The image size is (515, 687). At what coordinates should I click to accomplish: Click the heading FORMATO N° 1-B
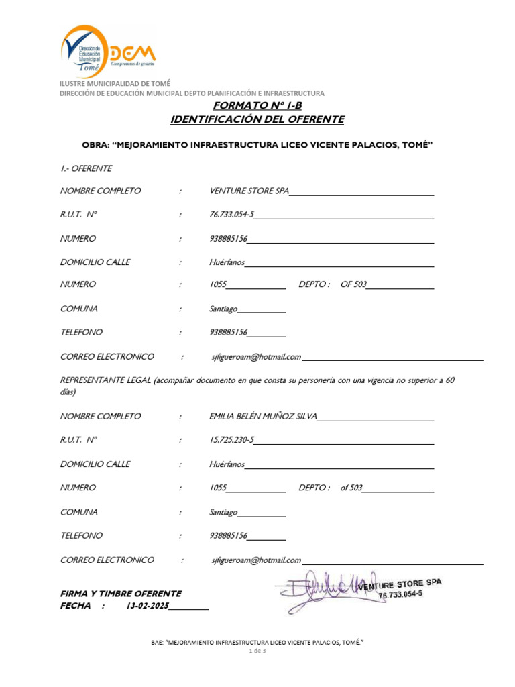pos(257,106)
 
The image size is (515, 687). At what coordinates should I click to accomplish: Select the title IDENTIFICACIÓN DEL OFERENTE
pos(257,119)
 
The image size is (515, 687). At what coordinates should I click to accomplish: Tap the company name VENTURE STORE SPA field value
pos(249,191)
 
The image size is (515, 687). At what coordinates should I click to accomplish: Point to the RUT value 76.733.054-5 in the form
pos(232,215)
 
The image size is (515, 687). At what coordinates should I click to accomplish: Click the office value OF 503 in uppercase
pos(353,284)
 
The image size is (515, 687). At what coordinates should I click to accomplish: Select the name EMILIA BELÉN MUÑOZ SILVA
pos(263,416)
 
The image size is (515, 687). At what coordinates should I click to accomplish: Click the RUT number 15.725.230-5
pos(232,440)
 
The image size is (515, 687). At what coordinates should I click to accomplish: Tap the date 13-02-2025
pos(148,606)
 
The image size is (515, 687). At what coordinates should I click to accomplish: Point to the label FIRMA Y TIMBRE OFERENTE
pos(121,594)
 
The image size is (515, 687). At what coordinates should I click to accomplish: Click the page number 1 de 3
pos(257,651)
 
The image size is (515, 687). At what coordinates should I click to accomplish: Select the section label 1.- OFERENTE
pos(86,168)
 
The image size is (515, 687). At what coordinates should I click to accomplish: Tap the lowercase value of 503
pos(351,488)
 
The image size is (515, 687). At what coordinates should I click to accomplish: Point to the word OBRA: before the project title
pos(95,144)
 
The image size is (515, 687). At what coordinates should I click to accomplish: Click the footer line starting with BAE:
pos(257,642)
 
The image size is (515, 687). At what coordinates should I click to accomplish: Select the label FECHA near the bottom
pos(75,606)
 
